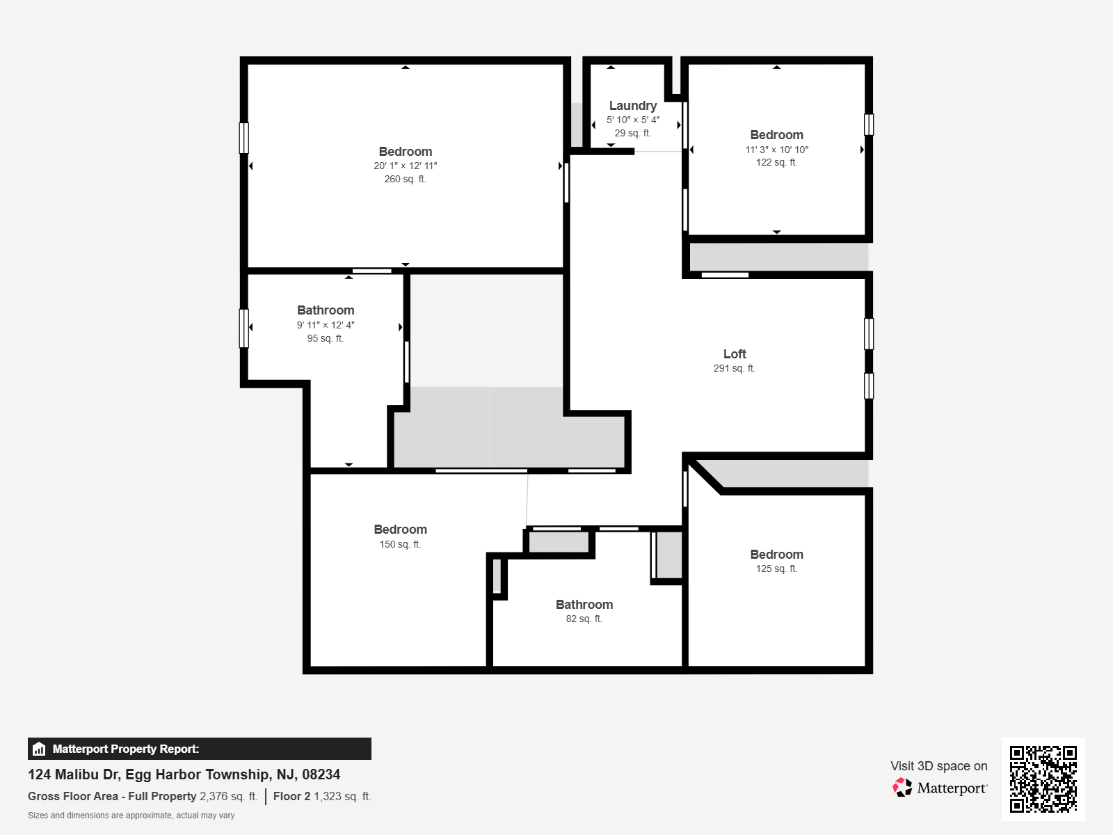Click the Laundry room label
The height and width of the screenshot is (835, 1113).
pyautogui.click(x=633, y=106)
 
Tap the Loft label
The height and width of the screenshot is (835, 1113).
pyautogui.click(x=735, y=354)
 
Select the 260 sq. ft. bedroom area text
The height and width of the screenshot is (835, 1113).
pyautogui.click(x=405, y=179)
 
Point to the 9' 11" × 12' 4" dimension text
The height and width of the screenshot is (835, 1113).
pyautogui.click(x=326, y=325)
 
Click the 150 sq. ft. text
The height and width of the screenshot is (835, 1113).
pyautogui.click(x=400, y=544)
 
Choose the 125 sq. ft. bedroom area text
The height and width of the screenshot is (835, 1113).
pyautogui.click(x=776, y=568)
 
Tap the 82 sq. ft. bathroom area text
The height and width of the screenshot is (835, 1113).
pyautogui.click(x=584, y=619)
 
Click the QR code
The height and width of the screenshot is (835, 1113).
pyautogui.click(x=1043, y=779)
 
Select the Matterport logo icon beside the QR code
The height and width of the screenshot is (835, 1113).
pyautogui.click(x=902, y=788)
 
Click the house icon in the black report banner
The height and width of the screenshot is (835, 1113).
pyautogui.click(x=39, y=749)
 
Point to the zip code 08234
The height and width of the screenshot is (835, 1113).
pyautogui.click(x=321, y=774)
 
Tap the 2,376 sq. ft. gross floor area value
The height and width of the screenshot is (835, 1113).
pyautogui.click(x=229, y=796)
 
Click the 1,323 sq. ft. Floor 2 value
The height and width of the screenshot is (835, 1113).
pyautogui.click(x=342, y=796)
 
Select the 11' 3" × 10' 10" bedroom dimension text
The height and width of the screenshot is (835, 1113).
pyautogui.click(x=776, y=150)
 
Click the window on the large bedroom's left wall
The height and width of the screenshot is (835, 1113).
pyautogui.click(x=244, y=138)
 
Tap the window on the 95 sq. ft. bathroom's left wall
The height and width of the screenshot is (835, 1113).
pyautogui.click(x=244, y=328)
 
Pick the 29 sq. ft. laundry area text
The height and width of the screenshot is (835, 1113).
pyautogui.click(x=633, y=133)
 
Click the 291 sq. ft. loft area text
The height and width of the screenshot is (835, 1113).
pyautogui.click(x=734, y=368)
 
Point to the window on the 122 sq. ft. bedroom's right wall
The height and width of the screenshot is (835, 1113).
pyautogui.click(x=869, y=125)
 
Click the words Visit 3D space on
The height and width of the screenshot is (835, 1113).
pyautogui.click(x=938, y=765)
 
